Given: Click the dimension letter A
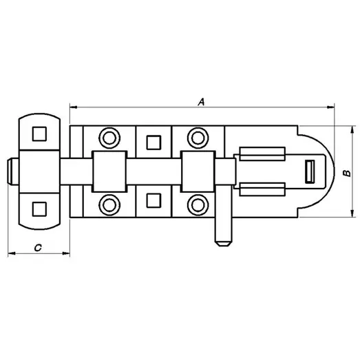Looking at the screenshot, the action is point(201,102).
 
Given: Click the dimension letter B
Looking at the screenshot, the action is point(347,173).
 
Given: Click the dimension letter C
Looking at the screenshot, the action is point(38,248).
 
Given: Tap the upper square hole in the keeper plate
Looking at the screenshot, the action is point(39,134).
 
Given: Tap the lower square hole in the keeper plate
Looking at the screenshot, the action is point(39,209).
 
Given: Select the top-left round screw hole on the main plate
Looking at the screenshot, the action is point(109,138).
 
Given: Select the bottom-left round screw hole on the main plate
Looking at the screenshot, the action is point(109,205).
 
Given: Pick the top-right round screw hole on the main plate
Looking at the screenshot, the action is point(198,138).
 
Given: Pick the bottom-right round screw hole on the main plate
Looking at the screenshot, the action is point(198,205).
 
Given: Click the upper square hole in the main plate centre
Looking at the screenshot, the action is point(153,142).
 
